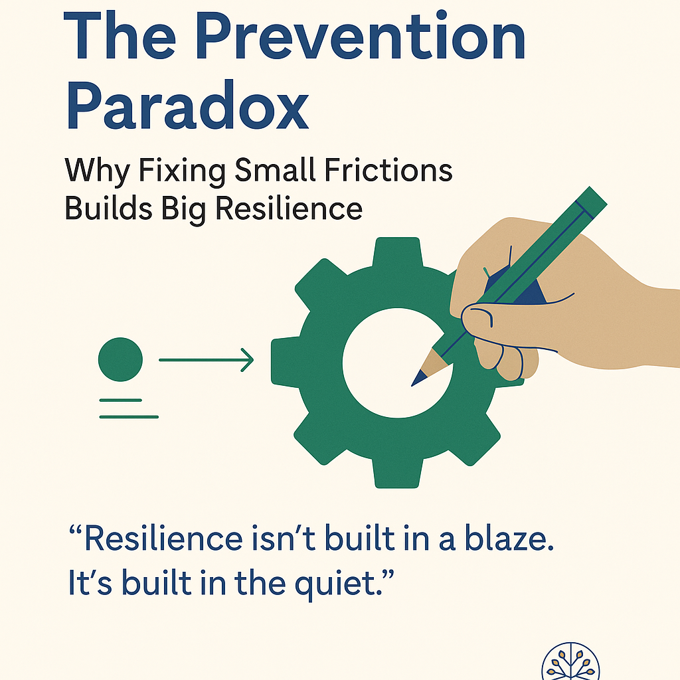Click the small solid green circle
click(x=120, y=359)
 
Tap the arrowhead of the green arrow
click(x=247, y=361)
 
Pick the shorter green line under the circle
click(x=120, y=400)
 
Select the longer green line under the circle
click(x=129, y=416)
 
